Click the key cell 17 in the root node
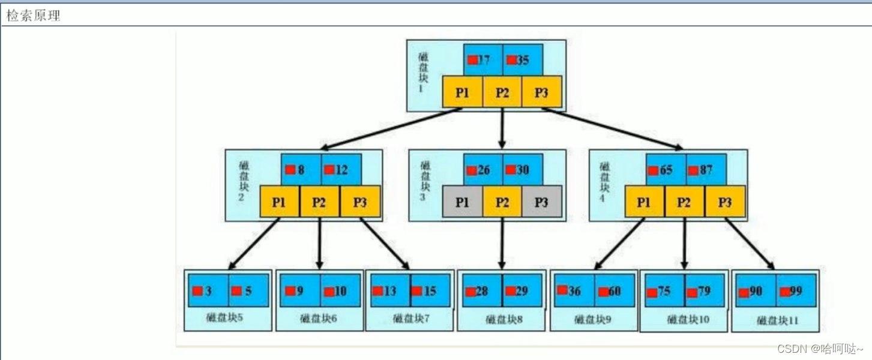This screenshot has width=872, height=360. (483, 60)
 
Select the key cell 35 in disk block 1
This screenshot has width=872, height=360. (523, 60)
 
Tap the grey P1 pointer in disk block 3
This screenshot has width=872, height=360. (462, 202)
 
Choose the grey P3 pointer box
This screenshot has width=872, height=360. (541, 202)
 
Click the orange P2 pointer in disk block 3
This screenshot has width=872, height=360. (502, 202)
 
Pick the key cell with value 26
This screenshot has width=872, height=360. (483, 170)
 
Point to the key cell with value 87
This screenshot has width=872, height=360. (706, 170)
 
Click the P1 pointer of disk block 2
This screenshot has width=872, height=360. (279, 202)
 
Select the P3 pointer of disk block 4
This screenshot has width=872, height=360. (725, 202)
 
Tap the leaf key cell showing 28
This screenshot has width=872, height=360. (482, 291)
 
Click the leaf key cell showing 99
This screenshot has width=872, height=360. (796, 291)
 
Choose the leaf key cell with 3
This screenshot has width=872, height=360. (208, 291)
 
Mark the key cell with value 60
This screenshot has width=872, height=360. (615, 291)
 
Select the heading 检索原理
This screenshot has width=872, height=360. (34, 16)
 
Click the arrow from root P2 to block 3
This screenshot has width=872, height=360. (502, 128)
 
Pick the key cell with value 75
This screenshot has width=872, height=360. (663, 291)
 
